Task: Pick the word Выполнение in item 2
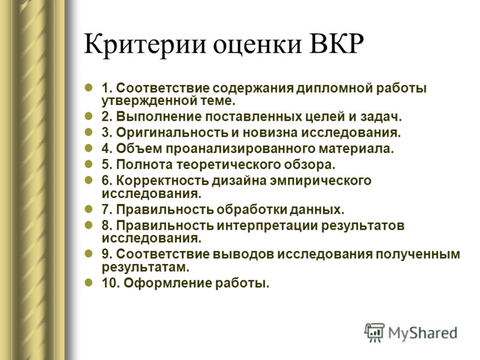(x=159, y=117)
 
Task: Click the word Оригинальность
(x=172, y=133)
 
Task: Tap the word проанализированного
(x=241, y=149)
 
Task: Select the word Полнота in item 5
(x=145, y=164)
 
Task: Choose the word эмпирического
(x=320, y=181)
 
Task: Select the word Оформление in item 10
(x=168, y=283)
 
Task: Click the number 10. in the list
(x=111, y=283)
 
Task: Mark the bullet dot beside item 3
(x=88, y=133)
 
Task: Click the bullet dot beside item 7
(x=88, y=209)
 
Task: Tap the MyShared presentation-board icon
(x=374, y=332)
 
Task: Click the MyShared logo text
(x=423, y=334)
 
